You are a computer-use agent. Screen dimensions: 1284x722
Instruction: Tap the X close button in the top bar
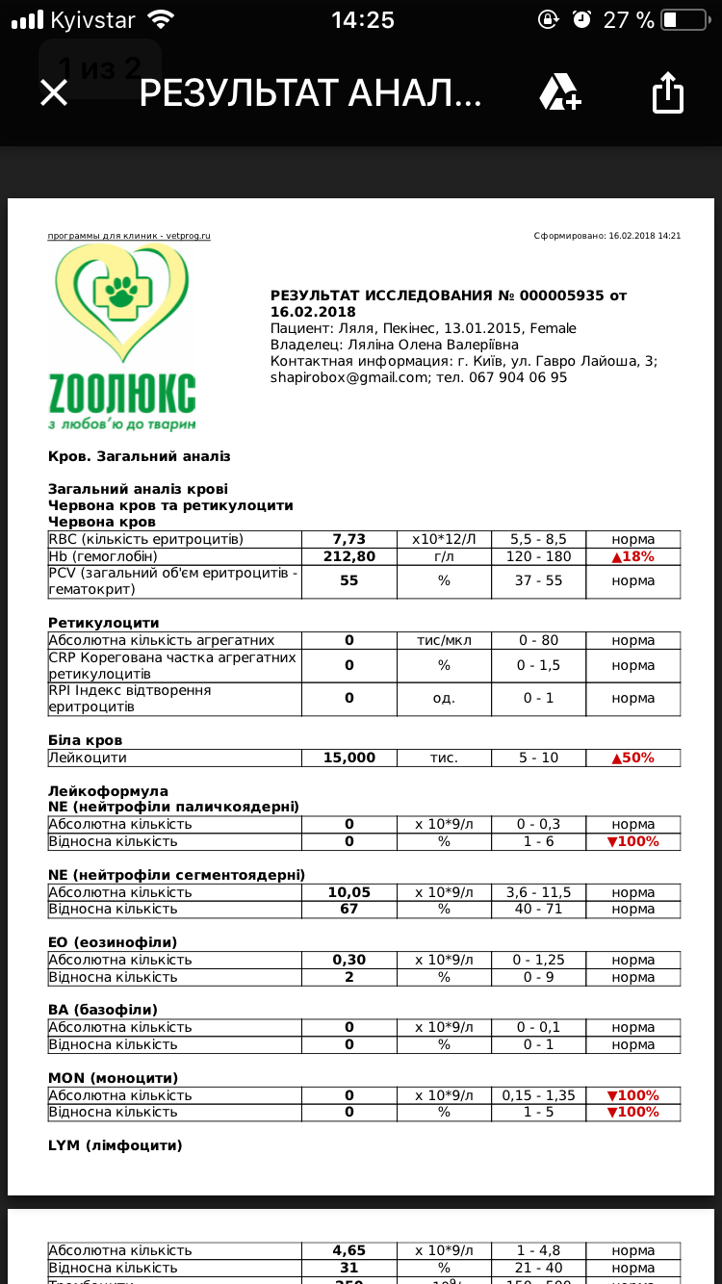click(x=54, y=92)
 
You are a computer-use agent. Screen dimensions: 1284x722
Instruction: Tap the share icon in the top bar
click(x=667, y=93)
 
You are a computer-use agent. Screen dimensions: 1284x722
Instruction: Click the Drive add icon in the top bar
click(x=559, y=92)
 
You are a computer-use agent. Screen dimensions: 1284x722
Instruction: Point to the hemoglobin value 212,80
click(x=348, y=556)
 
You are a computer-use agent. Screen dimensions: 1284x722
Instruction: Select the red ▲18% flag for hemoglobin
click(x=632, y=556)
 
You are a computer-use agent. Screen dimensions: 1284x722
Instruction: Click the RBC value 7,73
click(x=348, y=539)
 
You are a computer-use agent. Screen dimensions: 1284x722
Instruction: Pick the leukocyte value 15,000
click(x=348, y=758)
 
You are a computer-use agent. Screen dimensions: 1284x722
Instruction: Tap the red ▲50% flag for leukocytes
click(x=632, y=758)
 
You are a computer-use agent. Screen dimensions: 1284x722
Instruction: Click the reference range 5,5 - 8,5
click(x=538, y=539)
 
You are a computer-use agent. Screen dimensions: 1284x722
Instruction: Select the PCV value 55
click(x=348, y=580)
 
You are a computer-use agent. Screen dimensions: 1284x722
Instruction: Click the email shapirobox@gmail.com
click(x=348, y=377)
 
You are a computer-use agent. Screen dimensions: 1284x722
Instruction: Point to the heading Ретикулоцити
click(x=104, y=623)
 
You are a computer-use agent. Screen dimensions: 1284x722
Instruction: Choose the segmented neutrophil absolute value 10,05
click(x=348, y=892)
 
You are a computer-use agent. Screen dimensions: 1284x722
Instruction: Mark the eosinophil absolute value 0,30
click(x=348, y=960)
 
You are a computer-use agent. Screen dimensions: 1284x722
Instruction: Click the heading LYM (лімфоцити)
click(x=115, y=1145)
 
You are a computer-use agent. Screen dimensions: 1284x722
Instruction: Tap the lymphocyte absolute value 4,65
click(x=348, y=1250)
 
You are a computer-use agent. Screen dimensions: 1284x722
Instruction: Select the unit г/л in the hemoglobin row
click(x=444, y=556)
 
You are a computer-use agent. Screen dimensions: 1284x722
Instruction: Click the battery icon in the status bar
click(x=683, y=19)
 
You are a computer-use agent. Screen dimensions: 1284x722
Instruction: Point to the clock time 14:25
click(x=362, y=19)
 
